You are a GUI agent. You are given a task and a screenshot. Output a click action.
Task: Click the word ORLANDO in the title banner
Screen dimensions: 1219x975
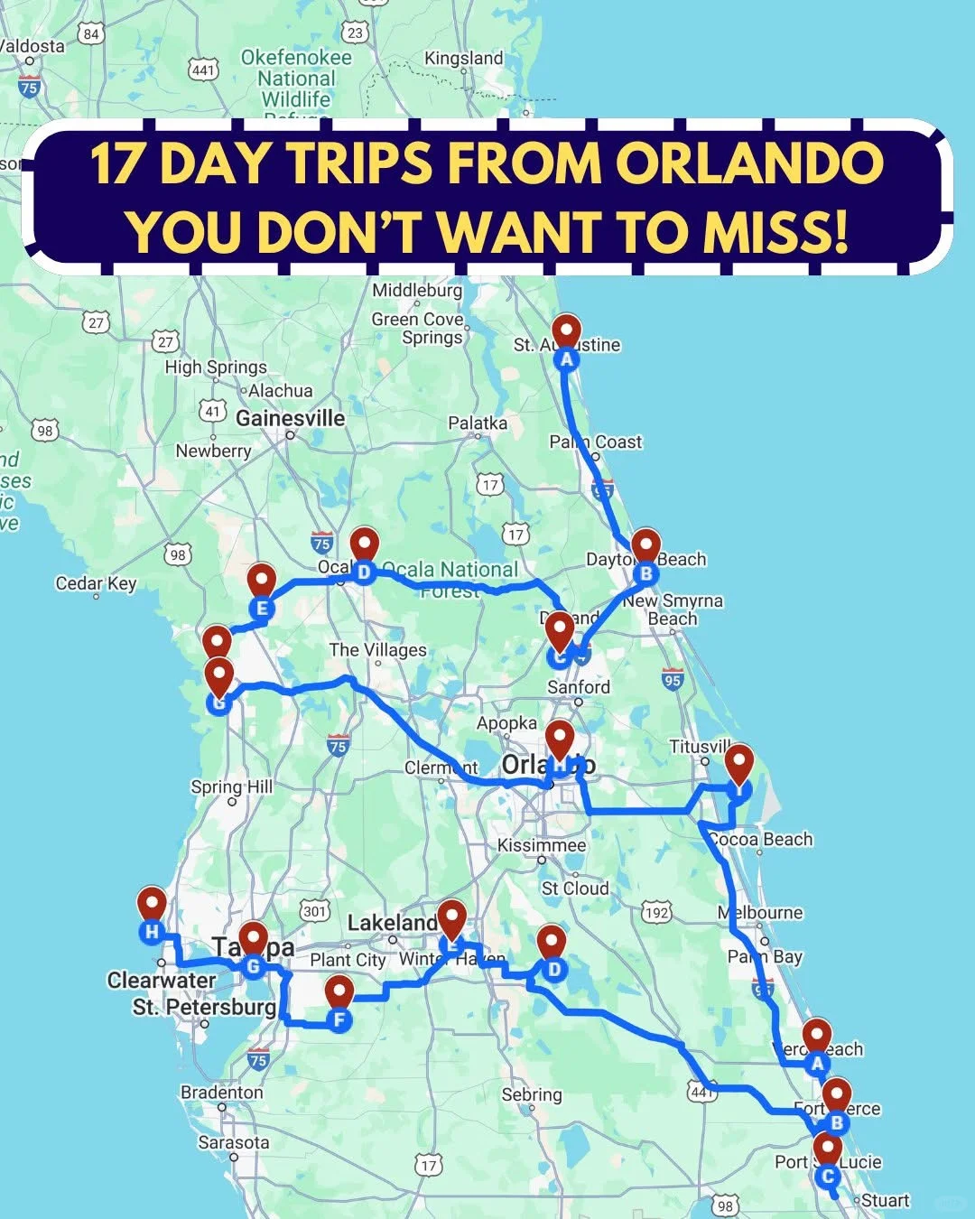pyautogui.click(x=750, y=163)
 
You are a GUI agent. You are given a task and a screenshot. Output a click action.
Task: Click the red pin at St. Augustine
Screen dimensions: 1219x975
pyautogui.click(x=566, y=332)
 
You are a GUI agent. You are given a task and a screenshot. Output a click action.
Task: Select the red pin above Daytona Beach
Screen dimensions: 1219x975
pyautogui.click(x=645, y=546)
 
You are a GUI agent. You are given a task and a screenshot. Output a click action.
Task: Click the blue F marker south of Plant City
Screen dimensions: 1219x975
pyautogui.click(x=339, y=1021)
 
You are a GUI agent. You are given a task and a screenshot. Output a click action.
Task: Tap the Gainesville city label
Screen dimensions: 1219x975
pyautogui.click(x=290, y=418)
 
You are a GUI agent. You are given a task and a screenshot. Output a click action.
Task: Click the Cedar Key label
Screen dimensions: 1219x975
pyautogui.click(x=96, y=583)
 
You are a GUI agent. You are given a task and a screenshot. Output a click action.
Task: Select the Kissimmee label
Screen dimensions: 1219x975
pyautogui.click(x=542, y=845)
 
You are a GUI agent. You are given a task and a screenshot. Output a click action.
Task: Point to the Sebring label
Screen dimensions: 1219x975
pyautogui.click(x=532, y=1094)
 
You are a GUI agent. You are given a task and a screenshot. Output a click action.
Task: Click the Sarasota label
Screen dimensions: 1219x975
pyautogui.click(x=234, y=1142)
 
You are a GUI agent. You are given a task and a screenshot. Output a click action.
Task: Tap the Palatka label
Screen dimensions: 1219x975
pyautogui.click(x=478, y=423)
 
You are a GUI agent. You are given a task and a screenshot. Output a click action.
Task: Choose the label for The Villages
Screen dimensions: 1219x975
pyautogui.click(x=377, y=650)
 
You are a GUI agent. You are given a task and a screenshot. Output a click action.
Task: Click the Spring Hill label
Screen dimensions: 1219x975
pyautogui.click(x=231, y=786)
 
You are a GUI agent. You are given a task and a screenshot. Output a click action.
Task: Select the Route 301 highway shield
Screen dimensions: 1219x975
pyautogui.click(x=314, y=910)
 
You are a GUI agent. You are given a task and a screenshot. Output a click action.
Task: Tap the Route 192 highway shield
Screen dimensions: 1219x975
pyautogui.click(x=657, y=912)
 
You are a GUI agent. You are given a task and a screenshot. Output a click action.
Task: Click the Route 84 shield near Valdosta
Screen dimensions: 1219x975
pyautogui.click(x=90, y=34)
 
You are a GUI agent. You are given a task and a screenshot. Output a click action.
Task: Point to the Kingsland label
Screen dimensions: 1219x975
pyautogui.click(x=464, y=58)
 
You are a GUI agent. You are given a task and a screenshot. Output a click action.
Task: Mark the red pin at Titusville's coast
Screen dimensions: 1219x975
pyautogui.click(x=739, y=763)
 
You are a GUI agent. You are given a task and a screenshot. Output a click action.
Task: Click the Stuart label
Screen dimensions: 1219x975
pyautogui.click(x=885, y=1200)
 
